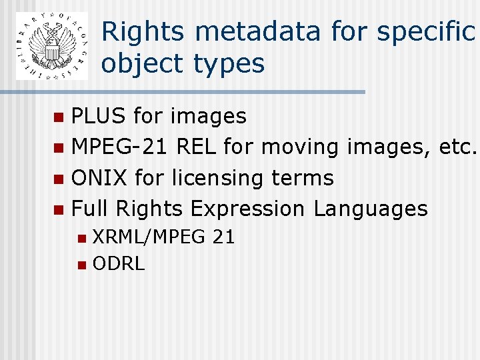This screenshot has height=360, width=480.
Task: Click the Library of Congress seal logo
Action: click(x=52, y=46)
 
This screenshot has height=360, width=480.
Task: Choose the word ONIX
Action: click(x=99, y=178)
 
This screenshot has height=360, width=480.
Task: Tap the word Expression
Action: click(x=248, y=210)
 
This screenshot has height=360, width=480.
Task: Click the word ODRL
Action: click(x=119, y=264)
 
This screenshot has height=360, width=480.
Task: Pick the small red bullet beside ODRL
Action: click(x=81, y=265)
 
